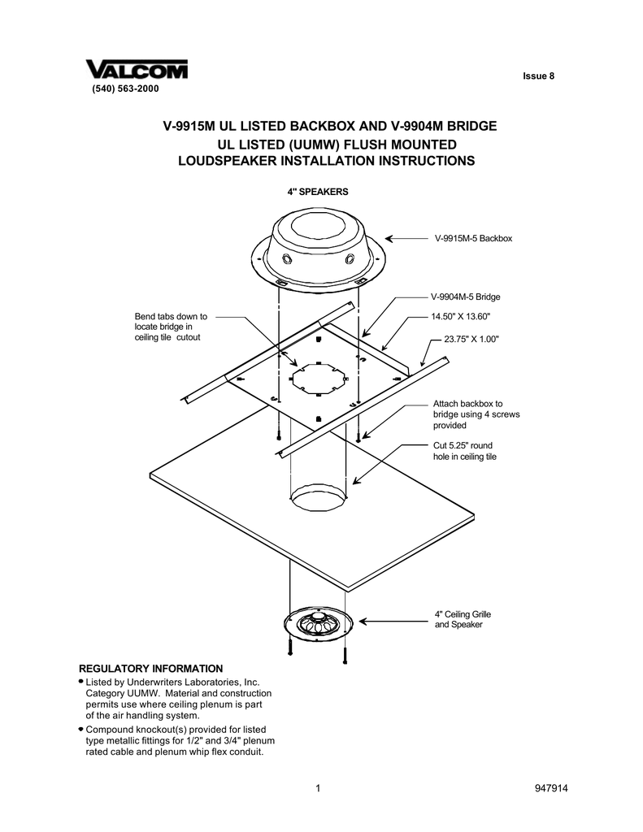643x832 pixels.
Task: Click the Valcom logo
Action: tap(137, 70)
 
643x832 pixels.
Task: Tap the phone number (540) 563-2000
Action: tap(119, 88)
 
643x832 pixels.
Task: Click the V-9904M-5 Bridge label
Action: tap(465, 297)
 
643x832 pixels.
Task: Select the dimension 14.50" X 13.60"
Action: tap(461, 316)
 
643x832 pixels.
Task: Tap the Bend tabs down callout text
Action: tap(171, 327)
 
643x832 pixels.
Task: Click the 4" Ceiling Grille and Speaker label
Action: tap(462, 619)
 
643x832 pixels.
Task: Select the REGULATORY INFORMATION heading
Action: tap(150, 667)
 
